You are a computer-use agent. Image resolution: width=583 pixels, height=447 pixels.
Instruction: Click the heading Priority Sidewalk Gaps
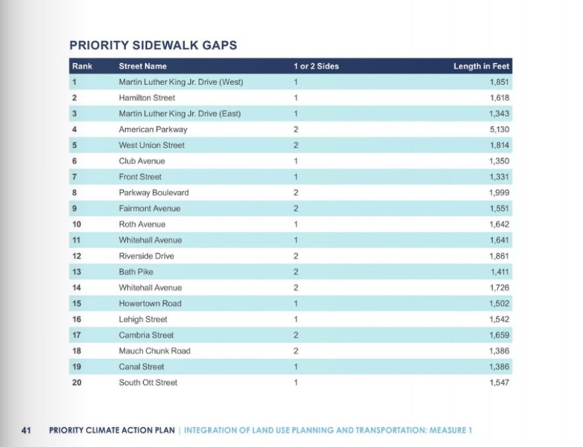point(153,45)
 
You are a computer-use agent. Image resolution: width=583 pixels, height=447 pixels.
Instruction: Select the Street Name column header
point(142,66)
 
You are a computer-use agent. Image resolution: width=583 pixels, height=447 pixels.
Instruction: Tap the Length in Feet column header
point(481,66)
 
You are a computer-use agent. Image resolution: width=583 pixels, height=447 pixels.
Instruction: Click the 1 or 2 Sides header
point(316,66)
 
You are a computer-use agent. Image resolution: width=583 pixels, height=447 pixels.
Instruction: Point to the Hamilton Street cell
point(146,97)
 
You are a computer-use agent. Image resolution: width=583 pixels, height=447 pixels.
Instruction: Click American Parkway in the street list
point(152,129)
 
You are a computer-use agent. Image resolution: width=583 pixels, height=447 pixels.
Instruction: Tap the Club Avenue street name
point(142,161)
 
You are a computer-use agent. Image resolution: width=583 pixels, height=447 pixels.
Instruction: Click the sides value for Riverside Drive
point(296,256)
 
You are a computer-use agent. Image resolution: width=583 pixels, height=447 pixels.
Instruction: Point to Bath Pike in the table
point(136,272)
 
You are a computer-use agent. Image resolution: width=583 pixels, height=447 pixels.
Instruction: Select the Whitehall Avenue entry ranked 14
point(150,288)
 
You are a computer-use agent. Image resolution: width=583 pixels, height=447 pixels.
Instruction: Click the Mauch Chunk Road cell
point(154,351)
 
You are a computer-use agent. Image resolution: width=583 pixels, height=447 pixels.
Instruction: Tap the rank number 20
point(77,383)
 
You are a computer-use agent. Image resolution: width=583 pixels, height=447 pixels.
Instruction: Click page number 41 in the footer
point(26,430)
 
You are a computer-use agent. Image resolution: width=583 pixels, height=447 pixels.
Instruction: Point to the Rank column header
point(82,66)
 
